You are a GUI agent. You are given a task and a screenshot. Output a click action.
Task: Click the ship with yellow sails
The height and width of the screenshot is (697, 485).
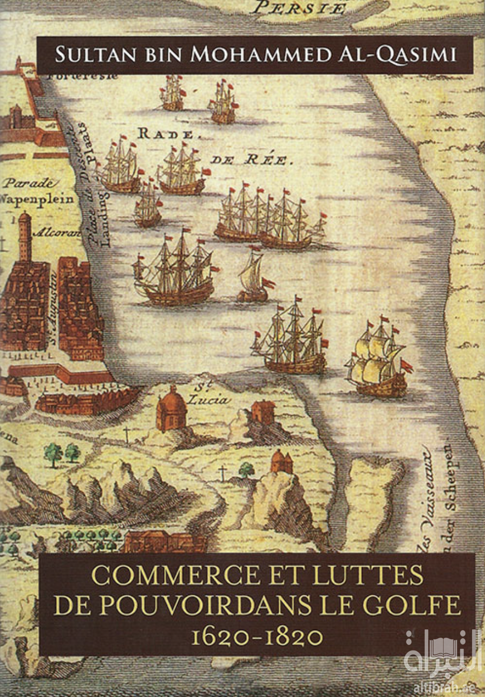coord(378,359)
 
